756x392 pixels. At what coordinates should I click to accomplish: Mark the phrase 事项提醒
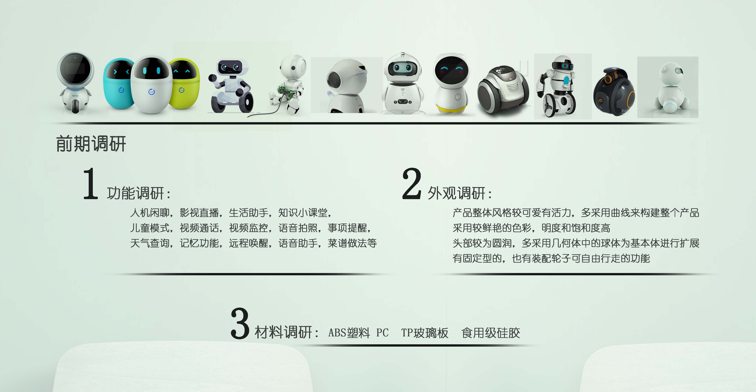(x=347, y=228)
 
